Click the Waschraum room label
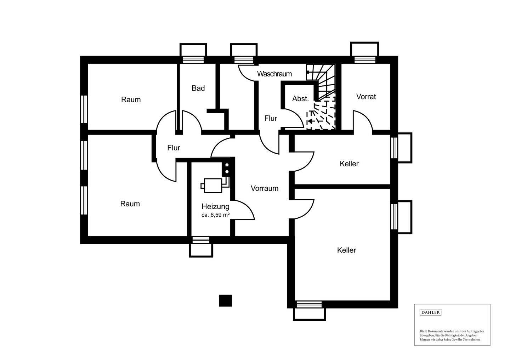(274, 74)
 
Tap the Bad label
(198, 88)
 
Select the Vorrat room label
(366, 97)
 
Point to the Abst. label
(301, 98)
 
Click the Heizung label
(215, 206)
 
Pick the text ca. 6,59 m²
(215, 215)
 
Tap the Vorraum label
(265, 188)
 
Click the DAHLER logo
(430, 313)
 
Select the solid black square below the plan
(225, 301)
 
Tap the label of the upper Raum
(131, 99)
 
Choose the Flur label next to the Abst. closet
(271, 118)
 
